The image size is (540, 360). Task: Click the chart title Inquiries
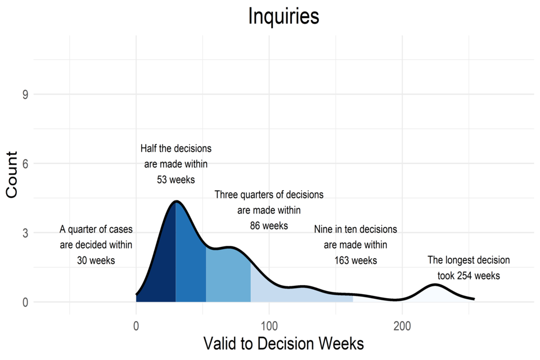(x=283, y=16)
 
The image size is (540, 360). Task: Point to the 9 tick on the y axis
(x=25, y=94)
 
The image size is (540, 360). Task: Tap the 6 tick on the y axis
(x=25, y=164)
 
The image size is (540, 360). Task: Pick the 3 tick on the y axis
(x=25, y=233)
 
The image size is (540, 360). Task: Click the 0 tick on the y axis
(x=25, y=302)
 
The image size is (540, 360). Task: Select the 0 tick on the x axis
(x=136, y=325)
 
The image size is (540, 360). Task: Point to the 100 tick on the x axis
(x=269, y=325)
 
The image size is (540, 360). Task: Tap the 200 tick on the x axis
(x=402, y=325)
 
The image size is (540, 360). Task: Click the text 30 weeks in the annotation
(x=96, y=260)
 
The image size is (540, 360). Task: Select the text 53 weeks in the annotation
(x=176, y=179)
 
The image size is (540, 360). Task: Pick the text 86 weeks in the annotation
(x=269, y=226)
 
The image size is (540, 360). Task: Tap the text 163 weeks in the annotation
(x=355, y=260)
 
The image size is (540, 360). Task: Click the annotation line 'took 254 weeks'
(x=469, y=276)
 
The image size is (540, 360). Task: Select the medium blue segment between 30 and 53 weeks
(x=190, y=264)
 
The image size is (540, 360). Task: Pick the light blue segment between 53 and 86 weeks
(x=228, y=276)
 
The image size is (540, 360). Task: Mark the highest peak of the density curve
(x=176, y=201)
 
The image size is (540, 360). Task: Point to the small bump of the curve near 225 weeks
(x=436, y=285)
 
